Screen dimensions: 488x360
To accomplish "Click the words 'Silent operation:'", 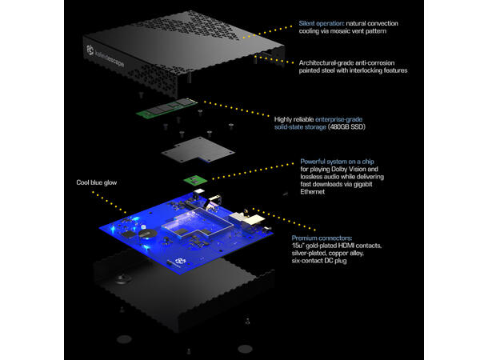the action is (x=322, y=23).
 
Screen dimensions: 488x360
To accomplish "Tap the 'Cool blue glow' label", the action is (x=97, y=182).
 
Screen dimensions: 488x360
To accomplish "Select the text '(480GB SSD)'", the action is (x=346, y=127).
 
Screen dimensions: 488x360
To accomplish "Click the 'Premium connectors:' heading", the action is (x=322, y=238).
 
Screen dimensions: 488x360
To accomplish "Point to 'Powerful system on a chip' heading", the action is (x=337, y=162).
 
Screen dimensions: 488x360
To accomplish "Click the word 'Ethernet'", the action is (x=313, y=192).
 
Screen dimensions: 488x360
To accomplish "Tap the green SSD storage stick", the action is (x=167, y=108).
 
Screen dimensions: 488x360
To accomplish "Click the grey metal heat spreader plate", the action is (x=198, y=150).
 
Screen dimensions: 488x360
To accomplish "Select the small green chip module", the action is (x=195, y=180).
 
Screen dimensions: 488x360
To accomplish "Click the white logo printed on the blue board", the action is (x=180, y=261).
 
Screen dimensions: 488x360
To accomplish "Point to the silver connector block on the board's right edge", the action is (x=247, y=221).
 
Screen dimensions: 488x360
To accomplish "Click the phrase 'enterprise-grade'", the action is (x=338, y=119).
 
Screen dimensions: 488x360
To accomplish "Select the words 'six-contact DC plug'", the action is (x=319, y=261).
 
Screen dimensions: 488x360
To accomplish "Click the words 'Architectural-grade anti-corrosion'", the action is (x=346, y=63).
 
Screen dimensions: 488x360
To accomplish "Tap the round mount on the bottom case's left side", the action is (x=124, y=278).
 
